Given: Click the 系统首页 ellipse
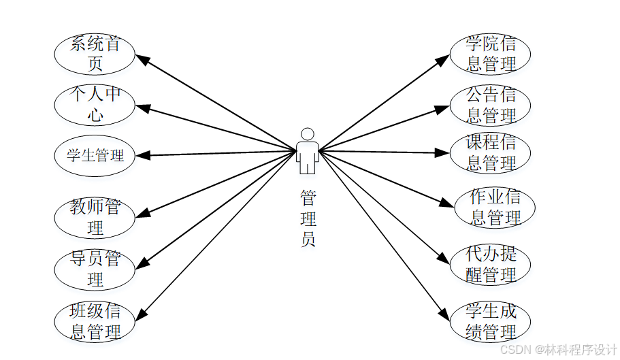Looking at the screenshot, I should coord(95,54).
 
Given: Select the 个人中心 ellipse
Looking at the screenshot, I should coord(95,105).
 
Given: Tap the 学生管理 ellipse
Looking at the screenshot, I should coord(95,155).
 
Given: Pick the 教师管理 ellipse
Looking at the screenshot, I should coord(95,216).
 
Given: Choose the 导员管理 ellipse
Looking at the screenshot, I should coord(95,269).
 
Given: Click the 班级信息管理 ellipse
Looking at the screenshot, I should coord(95,322).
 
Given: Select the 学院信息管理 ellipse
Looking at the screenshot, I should coord(490,54).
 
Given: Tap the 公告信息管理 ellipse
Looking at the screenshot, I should coord(490,105).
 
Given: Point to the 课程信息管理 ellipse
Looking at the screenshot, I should coord(490,153).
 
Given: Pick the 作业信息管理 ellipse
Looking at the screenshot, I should coord(495,208).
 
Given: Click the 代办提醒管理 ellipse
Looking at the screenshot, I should coord(490,264).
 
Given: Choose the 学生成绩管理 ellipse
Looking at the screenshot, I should coord(490,322).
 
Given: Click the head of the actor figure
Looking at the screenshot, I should coord(308,134).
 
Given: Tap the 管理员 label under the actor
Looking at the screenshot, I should coord(308,218).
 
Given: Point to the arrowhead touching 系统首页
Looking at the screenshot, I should coord(143,61).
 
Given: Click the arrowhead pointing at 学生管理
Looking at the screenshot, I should coord(142,155).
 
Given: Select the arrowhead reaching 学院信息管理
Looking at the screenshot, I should coord(443,61).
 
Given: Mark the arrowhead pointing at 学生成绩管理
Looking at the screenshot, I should coord(443,314).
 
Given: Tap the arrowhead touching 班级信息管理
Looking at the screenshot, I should coord(143,314).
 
